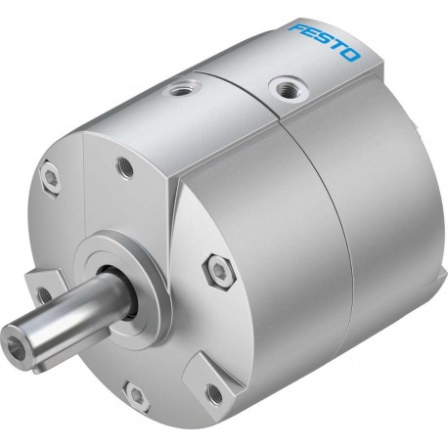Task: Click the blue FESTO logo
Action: pos(324,42)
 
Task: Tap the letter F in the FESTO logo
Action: pos(296,28)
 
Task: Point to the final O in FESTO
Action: pos(351,55)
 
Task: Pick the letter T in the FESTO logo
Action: pos(337,47)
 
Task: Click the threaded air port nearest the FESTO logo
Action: pos(289,87)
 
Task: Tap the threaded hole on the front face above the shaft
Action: pos(125,167)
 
